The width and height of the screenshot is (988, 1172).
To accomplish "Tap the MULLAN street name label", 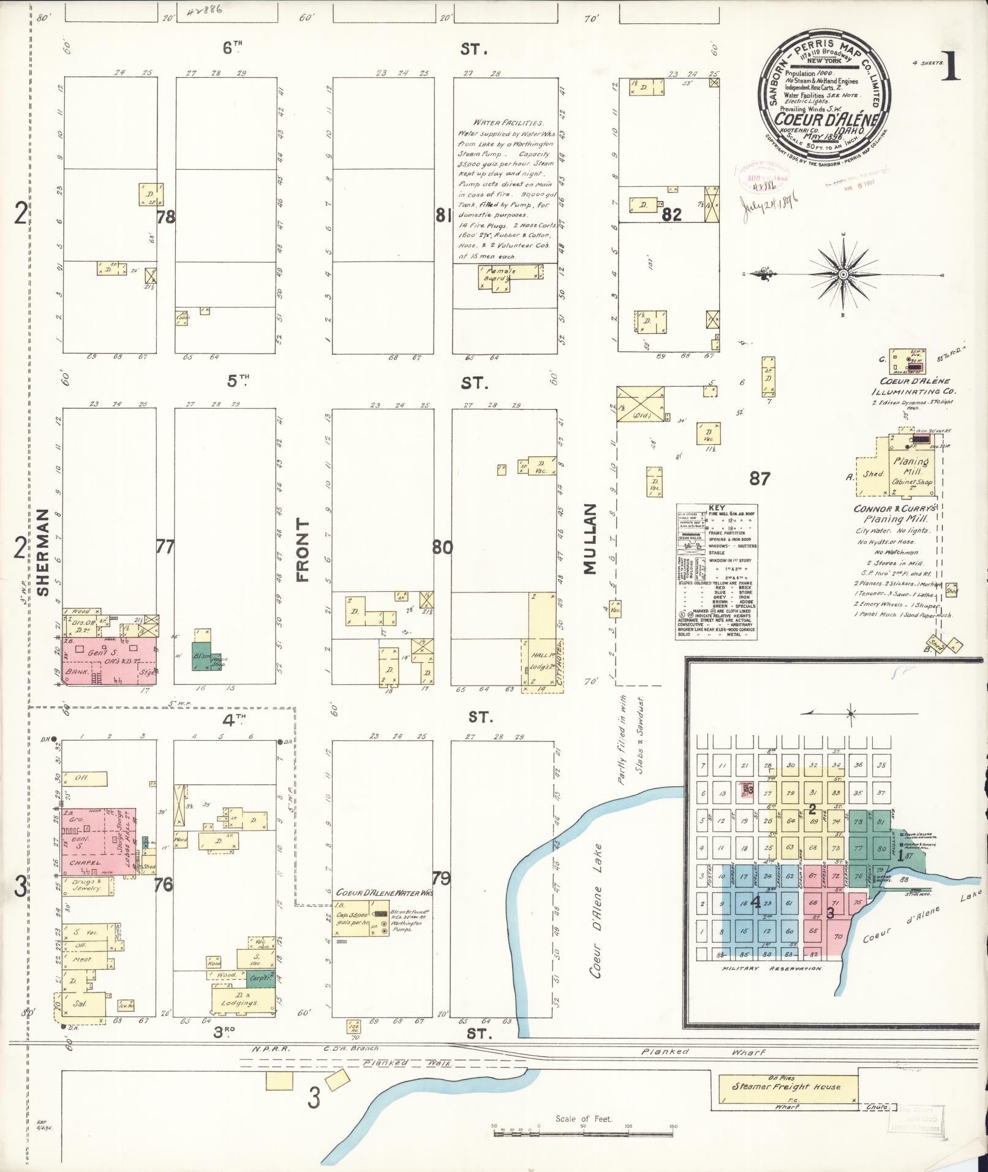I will tap(589, 539).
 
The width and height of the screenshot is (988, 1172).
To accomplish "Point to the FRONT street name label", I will tap(303, 550).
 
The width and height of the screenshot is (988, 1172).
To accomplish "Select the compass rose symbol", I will tap(843, 275).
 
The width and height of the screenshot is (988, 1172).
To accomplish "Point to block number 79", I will tap(441, 878).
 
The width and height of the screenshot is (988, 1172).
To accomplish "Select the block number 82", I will tap(671, 214).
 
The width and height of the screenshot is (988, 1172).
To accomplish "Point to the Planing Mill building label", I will tap(910, 463).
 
